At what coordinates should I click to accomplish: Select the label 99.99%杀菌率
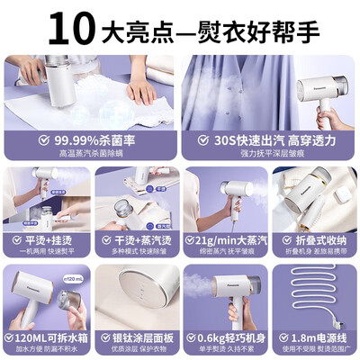[98, 140]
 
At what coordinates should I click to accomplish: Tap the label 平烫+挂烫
[53, 240]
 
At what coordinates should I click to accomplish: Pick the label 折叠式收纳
[319, 240]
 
